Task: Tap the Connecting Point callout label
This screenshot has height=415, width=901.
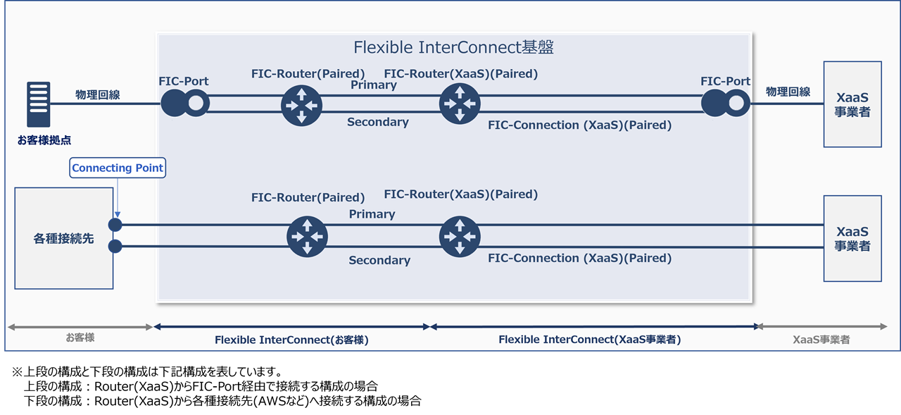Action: (118, 168)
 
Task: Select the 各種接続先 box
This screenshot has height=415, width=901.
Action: (63, 238)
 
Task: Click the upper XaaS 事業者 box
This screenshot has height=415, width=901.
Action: (852, 104)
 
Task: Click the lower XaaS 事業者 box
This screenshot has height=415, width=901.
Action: (852, 238)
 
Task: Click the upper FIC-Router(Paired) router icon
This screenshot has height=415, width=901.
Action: (301, 104)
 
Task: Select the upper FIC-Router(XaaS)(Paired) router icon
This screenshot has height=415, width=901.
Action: (460, 104)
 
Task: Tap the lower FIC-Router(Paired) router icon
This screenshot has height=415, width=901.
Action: (308, 237)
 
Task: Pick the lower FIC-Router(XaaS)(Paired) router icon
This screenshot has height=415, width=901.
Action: (460, 237)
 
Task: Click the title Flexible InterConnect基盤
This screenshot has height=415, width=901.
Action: (453, 47)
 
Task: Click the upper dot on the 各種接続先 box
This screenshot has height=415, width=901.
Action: (115, 225)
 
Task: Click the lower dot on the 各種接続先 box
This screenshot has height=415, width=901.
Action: (115, 247)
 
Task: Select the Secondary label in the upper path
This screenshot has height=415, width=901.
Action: (377, 123)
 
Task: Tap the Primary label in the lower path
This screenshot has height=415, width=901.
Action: (372, 214)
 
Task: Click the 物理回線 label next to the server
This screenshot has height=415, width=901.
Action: (97, 94)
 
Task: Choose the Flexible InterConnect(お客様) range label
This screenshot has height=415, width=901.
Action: (291, 340)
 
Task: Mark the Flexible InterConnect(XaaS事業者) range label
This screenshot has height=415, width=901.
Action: (589, 340)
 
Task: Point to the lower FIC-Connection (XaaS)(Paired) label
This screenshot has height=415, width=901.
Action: (579, 259)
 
